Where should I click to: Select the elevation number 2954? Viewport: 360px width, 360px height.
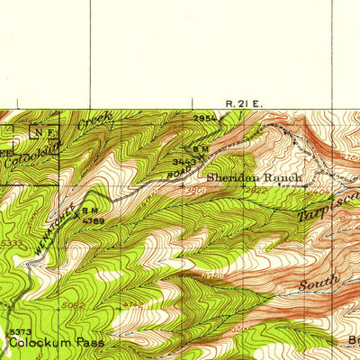click(x=205, y=119)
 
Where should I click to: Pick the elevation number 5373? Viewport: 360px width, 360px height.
click(x=20, y=332)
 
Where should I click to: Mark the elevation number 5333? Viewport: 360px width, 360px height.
click(x=13, y=242)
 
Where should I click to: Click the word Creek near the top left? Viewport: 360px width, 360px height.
click(x=95, y=117)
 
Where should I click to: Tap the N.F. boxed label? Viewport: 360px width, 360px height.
click(x=43, y=132)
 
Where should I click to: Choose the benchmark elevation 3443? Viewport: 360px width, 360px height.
click(x=183, y=160)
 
